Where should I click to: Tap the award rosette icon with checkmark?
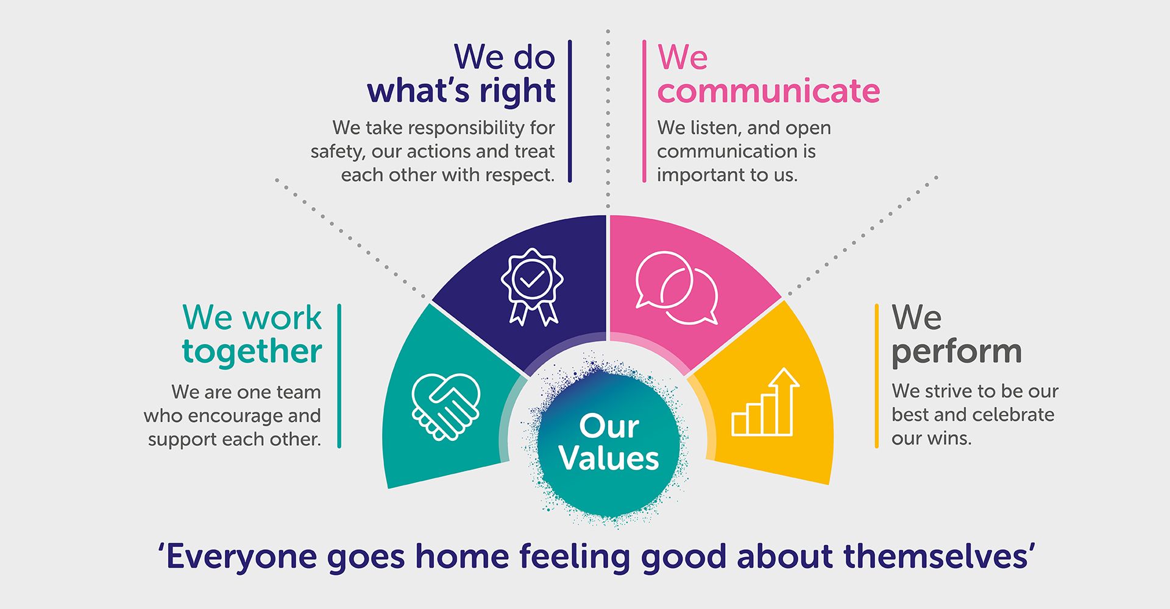pyautogui.click(x=532, y=286)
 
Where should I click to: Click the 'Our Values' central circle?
pyautogui.click(x=609, y=442)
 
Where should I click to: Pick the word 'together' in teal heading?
pyautogui.click(x=252, y=352)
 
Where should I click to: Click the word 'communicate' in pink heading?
pyautogui.click(x=768, y=91)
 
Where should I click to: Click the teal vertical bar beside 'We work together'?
pyautogui.click(x=339, y=376)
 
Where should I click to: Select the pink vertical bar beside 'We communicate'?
pyautogui.click(x=644, y=111)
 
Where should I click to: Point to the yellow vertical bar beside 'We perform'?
pyautogui.click(x=877, y=376)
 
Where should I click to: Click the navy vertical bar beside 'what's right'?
pyautogui.click(x=570, y=111)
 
